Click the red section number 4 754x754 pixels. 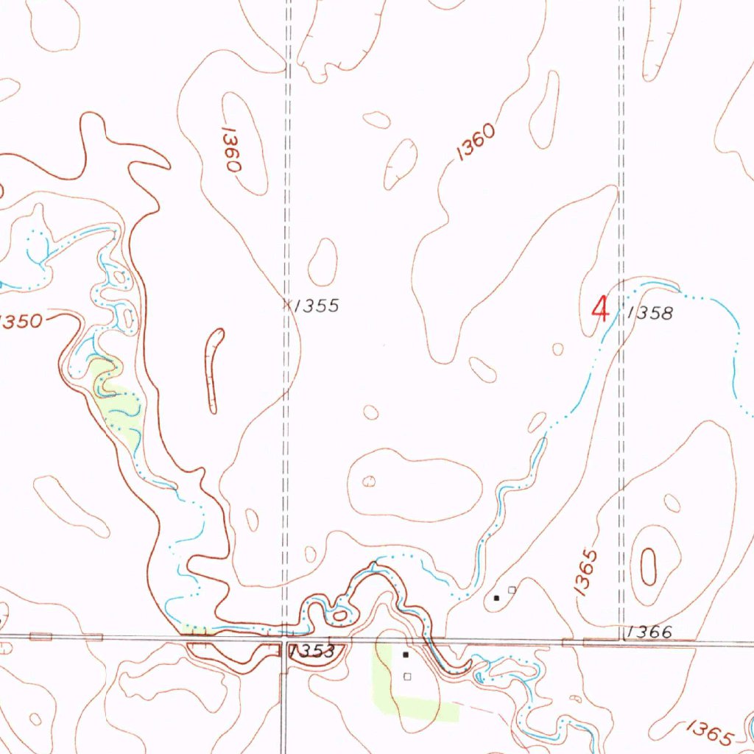pos(601,308)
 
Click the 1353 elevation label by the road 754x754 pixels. pos(312,652)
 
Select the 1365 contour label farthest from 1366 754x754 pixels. pos(710,733)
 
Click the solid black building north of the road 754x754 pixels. pos(496,598)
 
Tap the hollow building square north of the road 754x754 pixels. pos(512,590)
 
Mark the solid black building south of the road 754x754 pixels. pos(405,654)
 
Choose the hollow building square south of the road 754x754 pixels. pos(407,677)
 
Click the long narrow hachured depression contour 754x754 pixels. pos(214,370)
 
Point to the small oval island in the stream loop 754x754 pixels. pos(339,615)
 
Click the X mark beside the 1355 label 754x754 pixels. pos(287,303)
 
